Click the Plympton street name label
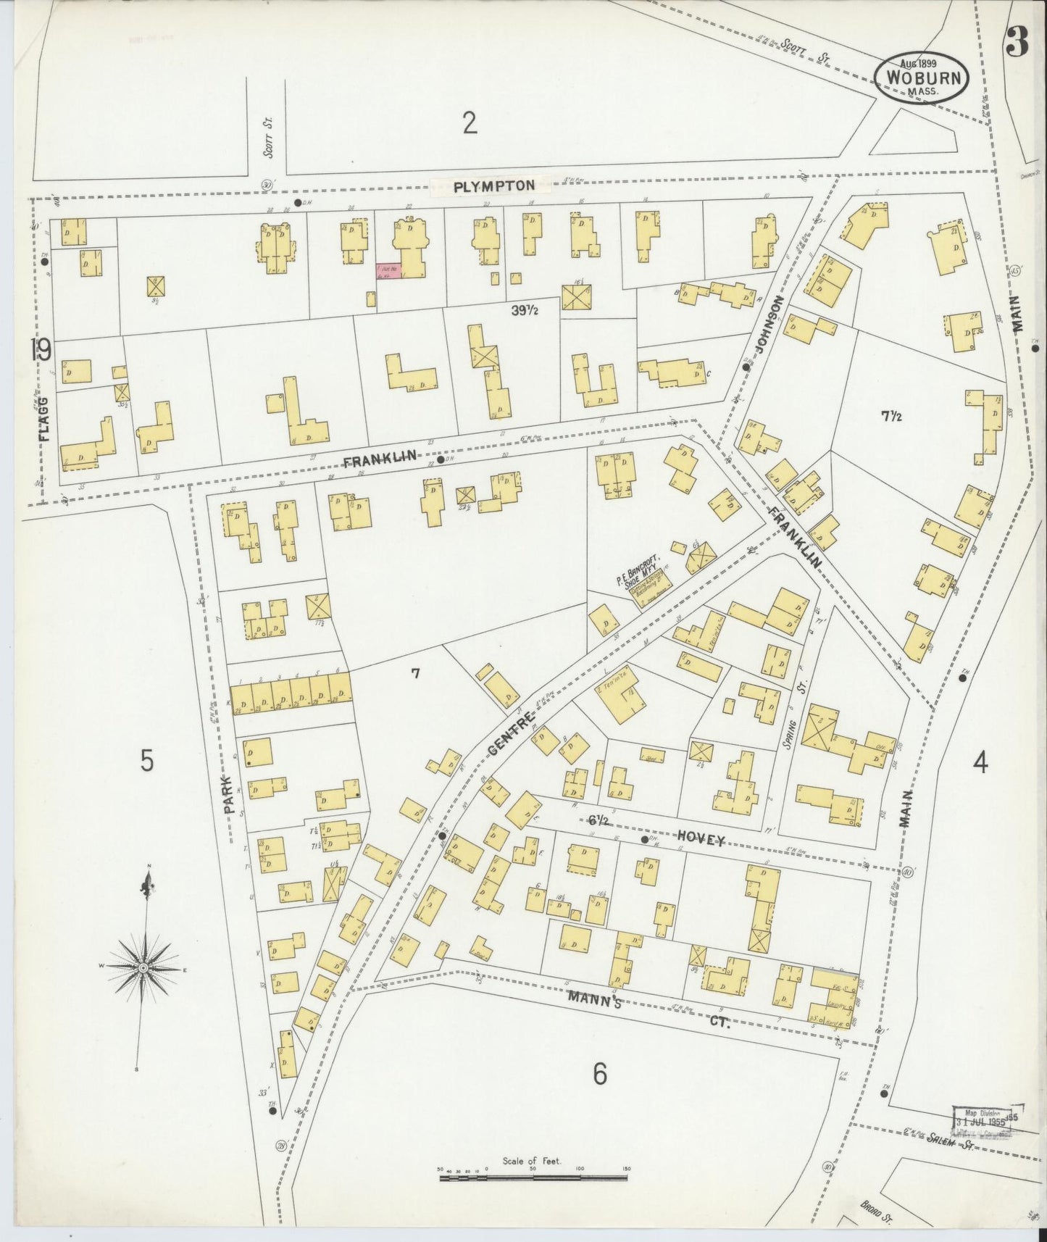[x=494, y=186]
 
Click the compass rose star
[x=143, y=967]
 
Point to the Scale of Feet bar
[x=533, y=1178]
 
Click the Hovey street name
[x=701, y=839]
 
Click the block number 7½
[x=891, y=416]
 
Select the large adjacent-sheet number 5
[x=146, y=762]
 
